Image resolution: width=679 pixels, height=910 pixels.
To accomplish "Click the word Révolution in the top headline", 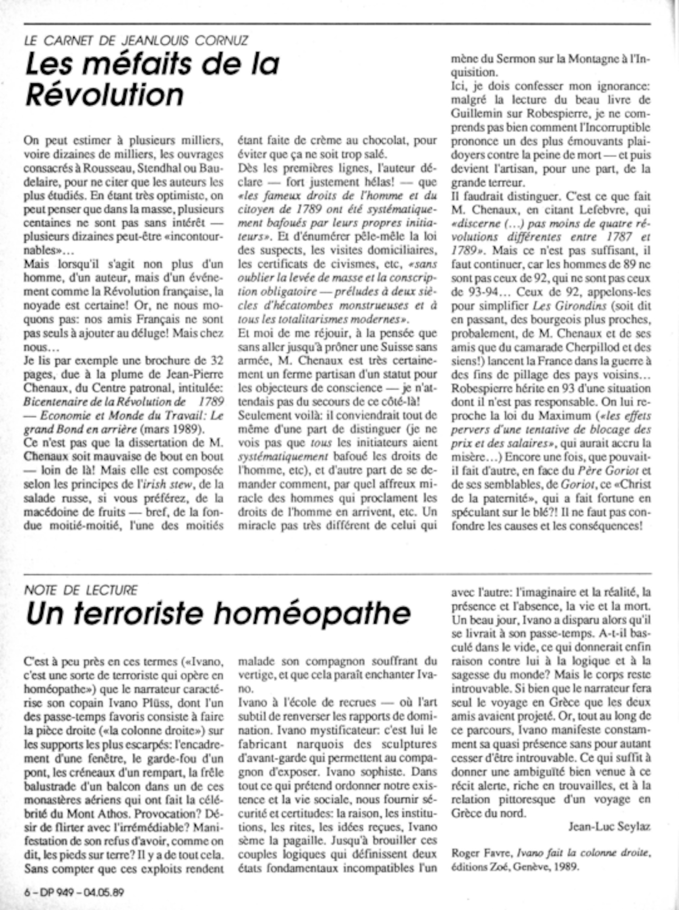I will tap(105, 94).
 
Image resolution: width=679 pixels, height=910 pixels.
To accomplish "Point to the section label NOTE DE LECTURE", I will tap(81, 590).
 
